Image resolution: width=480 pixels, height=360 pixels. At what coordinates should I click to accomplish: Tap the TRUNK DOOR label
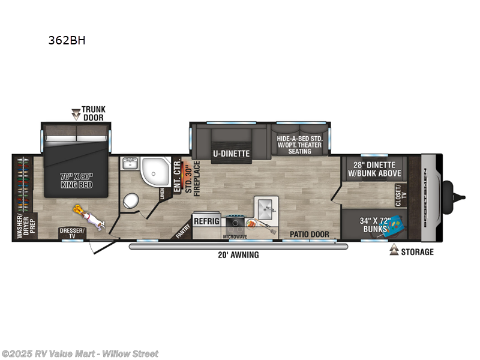pyautogui.click(x=94, y=113)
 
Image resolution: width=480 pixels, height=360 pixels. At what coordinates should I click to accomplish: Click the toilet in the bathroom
pyautogui.click(x=130, y=200)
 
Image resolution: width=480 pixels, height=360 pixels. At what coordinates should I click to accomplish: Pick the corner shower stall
pyautogui.click(x=155, y=171)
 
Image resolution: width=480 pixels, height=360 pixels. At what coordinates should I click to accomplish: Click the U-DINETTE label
pyautogui.click(x=231, y=153)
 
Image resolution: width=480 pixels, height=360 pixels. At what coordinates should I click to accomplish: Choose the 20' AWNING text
pyautogui.click(x=238, y=255)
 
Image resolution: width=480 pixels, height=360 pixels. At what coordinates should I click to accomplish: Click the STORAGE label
pyautogui.click(x=418, y=252)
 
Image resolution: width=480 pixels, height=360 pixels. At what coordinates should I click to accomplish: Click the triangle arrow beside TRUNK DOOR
pyautogui.click(x=76, y=112)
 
